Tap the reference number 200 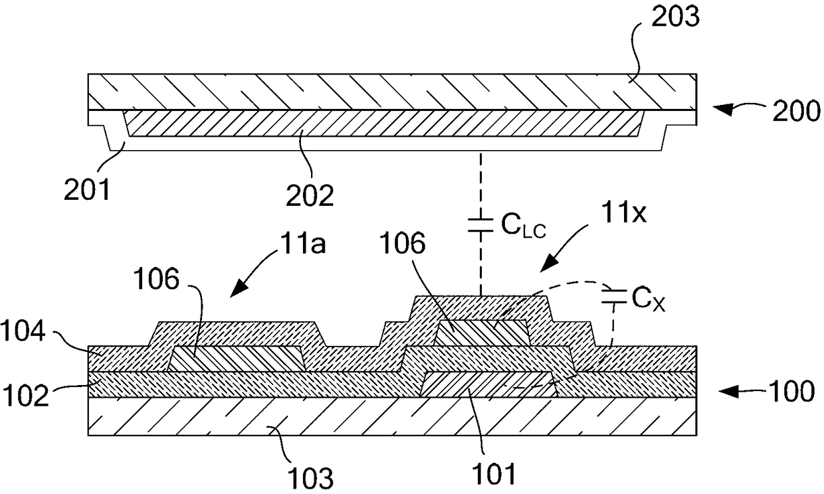[x=796, y=111]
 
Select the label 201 [x=87, y=189]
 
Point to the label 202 [x=310, y=195]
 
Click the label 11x [x=623, y=213]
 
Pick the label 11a [x=302, y=243]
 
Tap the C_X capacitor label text [x=649, y=300]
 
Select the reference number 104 [x=23, y=331]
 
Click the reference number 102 [x=26, y=395]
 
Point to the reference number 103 [x=310, y=477]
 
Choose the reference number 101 [x=494, y=473]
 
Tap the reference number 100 [x=791, y=391]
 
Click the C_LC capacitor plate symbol [x=480, y=225]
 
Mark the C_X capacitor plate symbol [x=614, y=296]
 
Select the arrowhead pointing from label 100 [x=728, y=392]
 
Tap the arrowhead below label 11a [x=238, y=289]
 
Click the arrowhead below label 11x [x=548, y=264]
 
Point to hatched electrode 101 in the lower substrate [x=489, y=384]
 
